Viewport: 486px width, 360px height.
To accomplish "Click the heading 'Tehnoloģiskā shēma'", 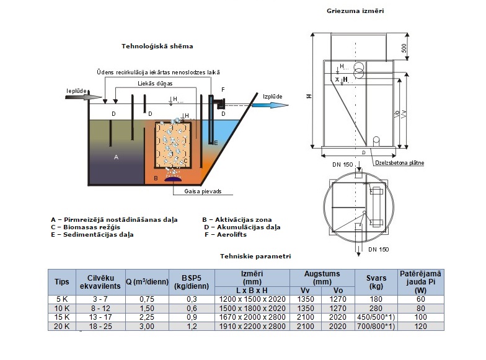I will (x=157, y=46).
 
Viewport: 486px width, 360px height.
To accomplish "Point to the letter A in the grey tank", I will (x=116, y=157).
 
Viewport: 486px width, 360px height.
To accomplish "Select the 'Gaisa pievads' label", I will (x=203, y=191).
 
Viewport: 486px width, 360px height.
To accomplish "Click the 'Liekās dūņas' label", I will (x=155, y=82).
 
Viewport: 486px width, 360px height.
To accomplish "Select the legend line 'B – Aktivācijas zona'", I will (x=237, y=219).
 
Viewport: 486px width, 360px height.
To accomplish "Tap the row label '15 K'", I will (x=62, y=317).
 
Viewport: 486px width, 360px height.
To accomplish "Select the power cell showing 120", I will (x=421, y=326).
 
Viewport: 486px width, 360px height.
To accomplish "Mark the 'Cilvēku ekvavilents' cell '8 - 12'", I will (x=99, y=308).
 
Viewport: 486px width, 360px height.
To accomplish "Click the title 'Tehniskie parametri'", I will (x=255, y=255).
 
